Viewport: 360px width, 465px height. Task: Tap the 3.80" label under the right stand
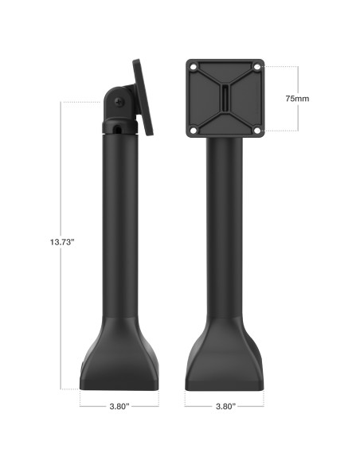tap(225, 405)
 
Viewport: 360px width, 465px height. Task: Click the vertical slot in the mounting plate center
tap(225, 98)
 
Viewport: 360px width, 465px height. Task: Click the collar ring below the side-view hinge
tap(119, 130)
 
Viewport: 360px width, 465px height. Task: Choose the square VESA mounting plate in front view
tap(225, 98)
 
